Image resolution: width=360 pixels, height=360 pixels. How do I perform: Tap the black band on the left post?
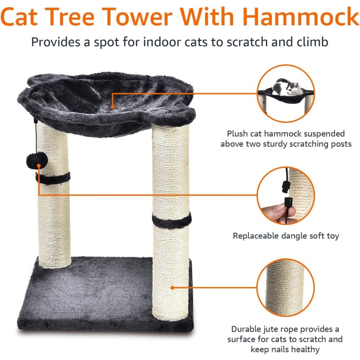pos(54,178)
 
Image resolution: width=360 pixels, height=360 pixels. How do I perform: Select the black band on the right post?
pos(171,220)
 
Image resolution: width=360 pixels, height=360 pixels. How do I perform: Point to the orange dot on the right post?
pos(172,286)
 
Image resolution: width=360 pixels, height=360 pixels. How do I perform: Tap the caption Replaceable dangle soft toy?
pos(286,236)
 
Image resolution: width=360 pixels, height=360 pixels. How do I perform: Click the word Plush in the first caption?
pos(237,134)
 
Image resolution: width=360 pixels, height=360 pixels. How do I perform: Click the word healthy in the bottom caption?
pos(305,349)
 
